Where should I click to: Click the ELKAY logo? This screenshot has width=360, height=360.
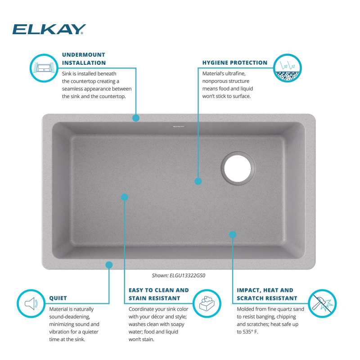pyautogui.click(x=49, y=29)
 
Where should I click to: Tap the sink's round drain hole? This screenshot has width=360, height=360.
pyautogui.click(x=238, y=168)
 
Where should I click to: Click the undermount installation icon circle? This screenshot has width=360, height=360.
pyautogui.click(x=44, y=68)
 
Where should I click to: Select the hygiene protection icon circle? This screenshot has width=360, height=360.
pyautogui.click(x=288, y=68)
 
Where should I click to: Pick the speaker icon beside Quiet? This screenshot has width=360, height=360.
pyautogui.click(x=31, y=303)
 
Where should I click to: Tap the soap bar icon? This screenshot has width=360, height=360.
pyautogui.click(x=207, y=303)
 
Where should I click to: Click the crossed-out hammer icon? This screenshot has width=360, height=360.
pyautogui.click(x=322, y=303)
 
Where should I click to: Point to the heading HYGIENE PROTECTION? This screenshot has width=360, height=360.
pyautogui.click(x=235, y=63)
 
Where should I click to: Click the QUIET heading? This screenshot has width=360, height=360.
pyautogui.click(x=58, y=298)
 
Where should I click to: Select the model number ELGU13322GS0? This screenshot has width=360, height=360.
pyautogui.click(x=187, y=275)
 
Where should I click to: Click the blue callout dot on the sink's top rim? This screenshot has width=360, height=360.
pyautogui.click(x=136, y=118)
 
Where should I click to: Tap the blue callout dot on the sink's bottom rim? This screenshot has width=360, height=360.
pyautogui.click(x=109, y=265)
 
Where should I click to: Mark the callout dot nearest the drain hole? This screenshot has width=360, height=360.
pyautogui.click(x=198, y=181)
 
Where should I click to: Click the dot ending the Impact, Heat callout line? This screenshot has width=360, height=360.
pyautogui.click(x=233, y=234)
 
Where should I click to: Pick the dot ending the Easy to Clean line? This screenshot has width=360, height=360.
pyautogui.click(x=125, y=197)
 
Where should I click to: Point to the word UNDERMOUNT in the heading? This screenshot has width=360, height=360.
pyautogui.click(x=84, y=55)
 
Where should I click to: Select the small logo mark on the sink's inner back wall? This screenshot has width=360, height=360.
pyautogui.click(x=179, y=126)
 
